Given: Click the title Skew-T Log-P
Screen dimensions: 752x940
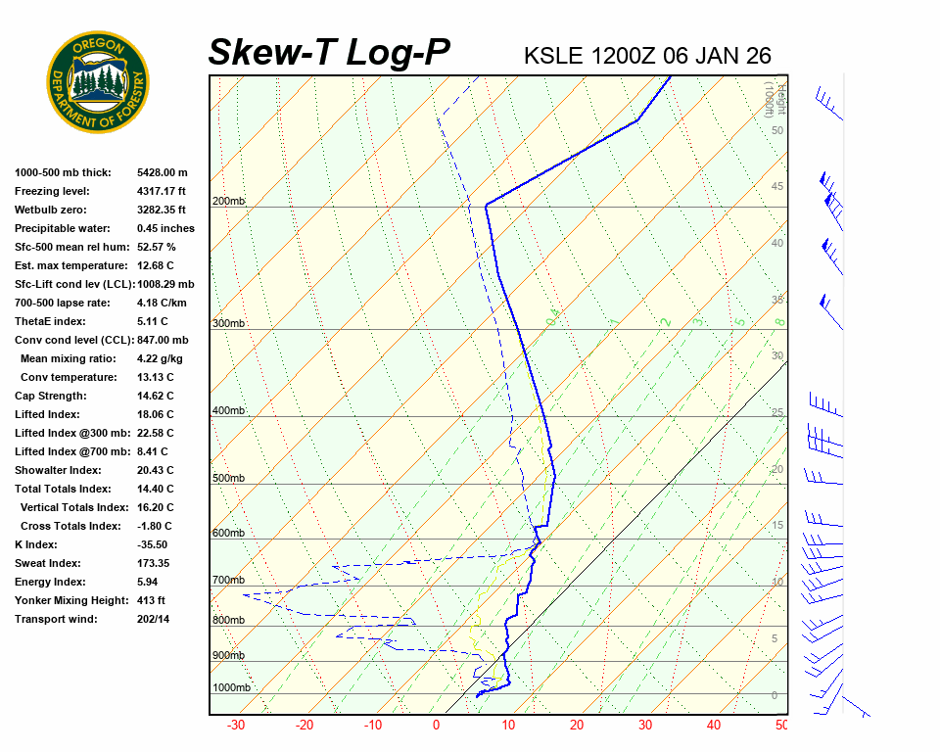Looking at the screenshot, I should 329,52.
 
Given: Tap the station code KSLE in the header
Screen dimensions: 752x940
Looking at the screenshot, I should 553,56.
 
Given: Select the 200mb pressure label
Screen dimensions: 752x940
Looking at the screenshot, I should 228,202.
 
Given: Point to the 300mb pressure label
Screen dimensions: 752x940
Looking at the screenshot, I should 228,323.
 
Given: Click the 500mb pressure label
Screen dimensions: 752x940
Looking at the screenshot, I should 228,478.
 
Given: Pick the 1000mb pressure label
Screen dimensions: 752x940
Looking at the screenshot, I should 231,687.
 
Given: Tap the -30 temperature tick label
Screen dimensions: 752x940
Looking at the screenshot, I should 236,726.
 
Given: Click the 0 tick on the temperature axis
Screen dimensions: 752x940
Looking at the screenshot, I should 437,726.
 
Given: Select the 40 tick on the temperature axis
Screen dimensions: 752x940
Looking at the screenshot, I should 713,726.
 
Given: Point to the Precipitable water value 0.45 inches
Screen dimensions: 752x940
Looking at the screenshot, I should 165,228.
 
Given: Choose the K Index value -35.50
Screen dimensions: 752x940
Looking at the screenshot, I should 153,544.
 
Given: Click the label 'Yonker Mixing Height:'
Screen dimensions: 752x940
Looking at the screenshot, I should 68,600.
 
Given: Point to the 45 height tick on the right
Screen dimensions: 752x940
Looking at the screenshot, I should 777,187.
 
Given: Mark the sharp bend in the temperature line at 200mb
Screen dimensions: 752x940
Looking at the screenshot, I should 486,204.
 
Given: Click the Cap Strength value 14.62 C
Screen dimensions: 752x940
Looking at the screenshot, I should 156,396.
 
